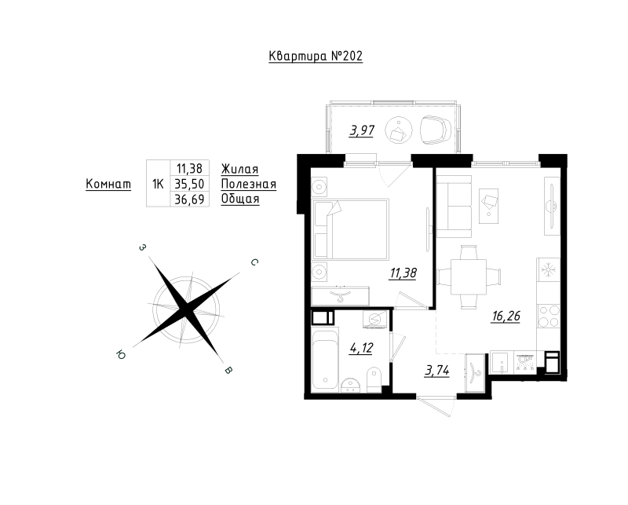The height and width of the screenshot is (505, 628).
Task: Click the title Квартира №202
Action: point(316,56)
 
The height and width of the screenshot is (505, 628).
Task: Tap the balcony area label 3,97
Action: point(362,130)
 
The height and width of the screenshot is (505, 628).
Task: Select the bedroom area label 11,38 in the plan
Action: point(403,273)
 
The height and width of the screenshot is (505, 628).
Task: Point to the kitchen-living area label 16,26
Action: point(506,317)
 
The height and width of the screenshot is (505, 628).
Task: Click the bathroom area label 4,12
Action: point(361,348)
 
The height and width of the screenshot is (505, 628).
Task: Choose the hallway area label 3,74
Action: point(437,371)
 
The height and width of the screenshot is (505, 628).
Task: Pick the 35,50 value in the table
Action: point(189,184)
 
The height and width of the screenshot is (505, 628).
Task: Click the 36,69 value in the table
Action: point(189,199)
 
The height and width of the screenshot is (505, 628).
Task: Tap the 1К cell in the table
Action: point(158,184)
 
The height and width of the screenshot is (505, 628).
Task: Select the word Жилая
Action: point(239,169)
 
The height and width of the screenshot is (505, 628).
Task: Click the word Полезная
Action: point(249,184)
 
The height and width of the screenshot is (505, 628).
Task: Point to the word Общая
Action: point(240,199)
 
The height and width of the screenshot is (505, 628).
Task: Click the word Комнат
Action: point(108,184)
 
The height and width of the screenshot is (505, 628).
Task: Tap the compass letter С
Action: point(254,262)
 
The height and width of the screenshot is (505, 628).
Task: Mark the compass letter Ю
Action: point(121,354)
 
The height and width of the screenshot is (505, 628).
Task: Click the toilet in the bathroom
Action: point(374,380)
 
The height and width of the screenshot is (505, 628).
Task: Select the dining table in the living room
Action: point(469,277)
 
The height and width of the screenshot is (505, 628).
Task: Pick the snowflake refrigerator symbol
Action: point(548,269)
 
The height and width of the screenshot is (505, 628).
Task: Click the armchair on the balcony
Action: point(436,130)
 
